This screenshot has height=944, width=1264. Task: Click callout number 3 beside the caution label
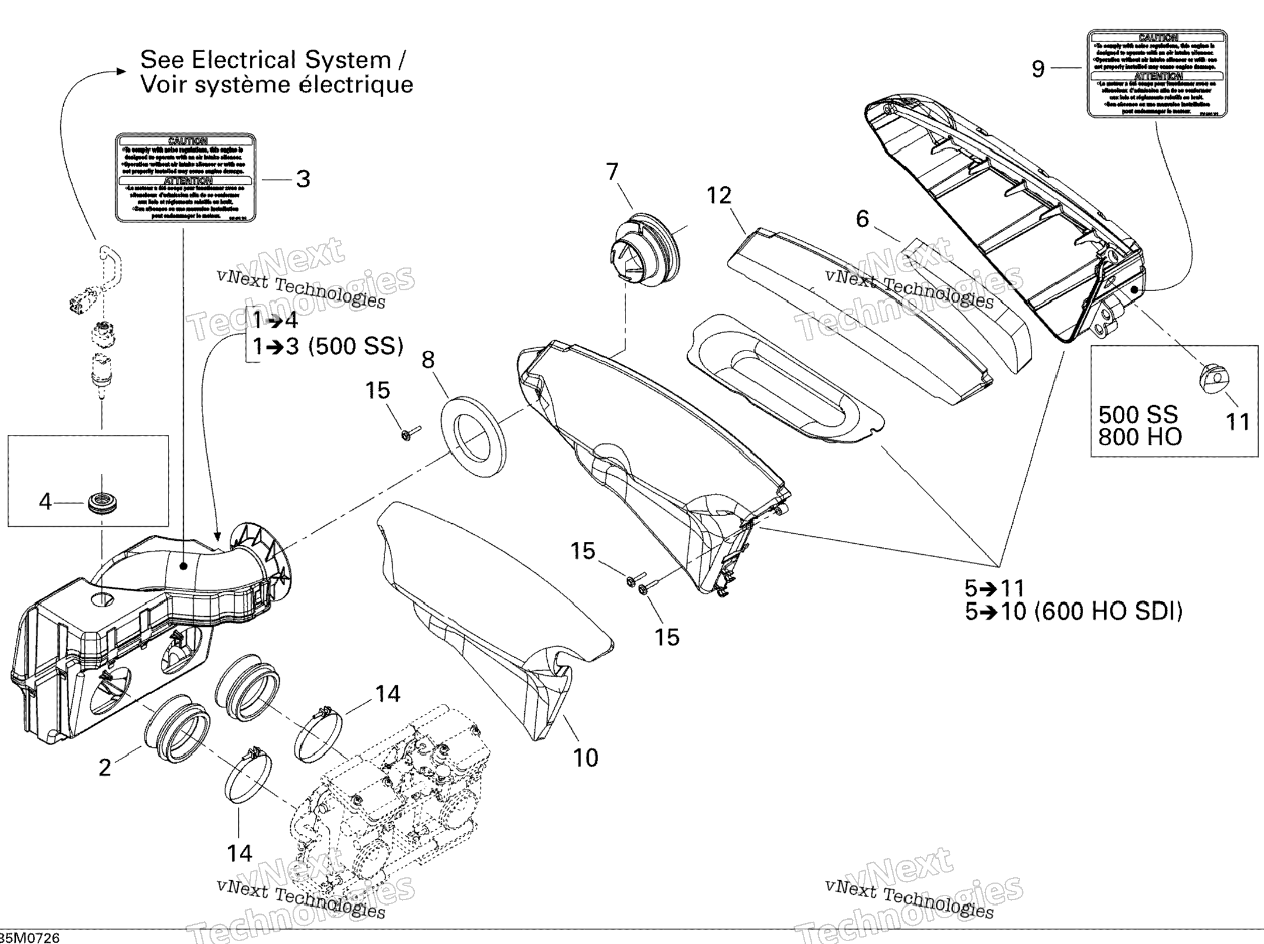pyautogui.click(x=303, y=179)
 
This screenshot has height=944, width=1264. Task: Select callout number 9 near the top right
pyautogui.click(x=1038, y=69)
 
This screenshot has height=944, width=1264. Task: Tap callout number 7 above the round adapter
pyautogui.click(x=612, y=172)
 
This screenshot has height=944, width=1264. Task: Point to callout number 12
pyautogui.click(x=719, y=195)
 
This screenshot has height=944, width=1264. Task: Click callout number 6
pyautogui.click(x=862, y=219)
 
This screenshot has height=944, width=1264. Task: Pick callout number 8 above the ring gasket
pyautogui.click(x=428, y=360)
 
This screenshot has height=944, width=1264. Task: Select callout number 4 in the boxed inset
pyautogui.click(x=45, y=502)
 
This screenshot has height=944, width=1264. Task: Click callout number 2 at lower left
pyautogui.click(x=105, y=767)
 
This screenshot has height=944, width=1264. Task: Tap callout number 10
pyautogui.click(x=585, y=758)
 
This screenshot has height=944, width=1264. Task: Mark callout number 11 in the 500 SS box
pyautogui.click(x=1238, y=421)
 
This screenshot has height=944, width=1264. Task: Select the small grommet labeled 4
pyautogui.click(x=102, y=503)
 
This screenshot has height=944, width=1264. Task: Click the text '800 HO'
pyautogui.click(x=1139, y=437)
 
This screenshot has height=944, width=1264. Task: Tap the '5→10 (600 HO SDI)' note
pyautogui.click(x=1073, y=612)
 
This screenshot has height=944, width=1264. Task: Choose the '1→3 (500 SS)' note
pyautogui.click(x=328, y=346)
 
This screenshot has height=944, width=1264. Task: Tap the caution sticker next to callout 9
pyautogui.click(x=1157, y=74)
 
